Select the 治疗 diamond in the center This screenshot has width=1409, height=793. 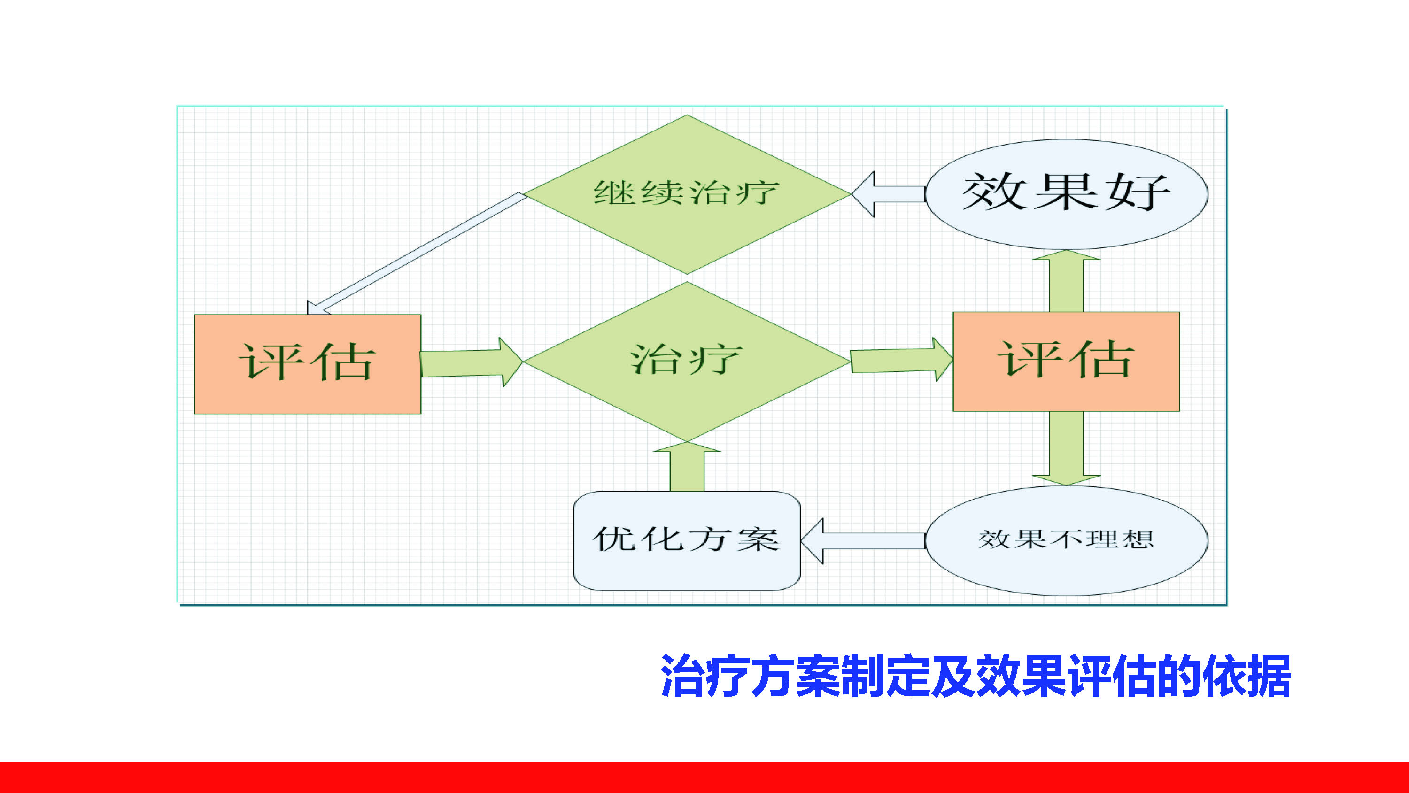[687, 361]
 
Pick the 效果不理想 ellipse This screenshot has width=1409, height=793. [1066, 540]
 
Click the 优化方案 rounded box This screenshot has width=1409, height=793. [687, 540]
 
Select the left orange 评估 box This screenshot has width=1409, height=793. [308, 364]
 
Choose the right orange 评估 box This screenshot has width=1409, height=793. [1066, 361]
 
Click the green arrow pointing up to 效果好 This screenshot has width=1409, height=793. [1066, 281]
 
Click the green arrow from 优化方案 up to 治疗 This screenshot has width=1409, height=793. [687, 468]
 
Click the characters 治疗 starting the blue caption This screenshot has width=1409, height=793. [705, 676]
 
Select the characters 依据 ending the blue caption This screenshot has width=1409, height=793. [1246, 676]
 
